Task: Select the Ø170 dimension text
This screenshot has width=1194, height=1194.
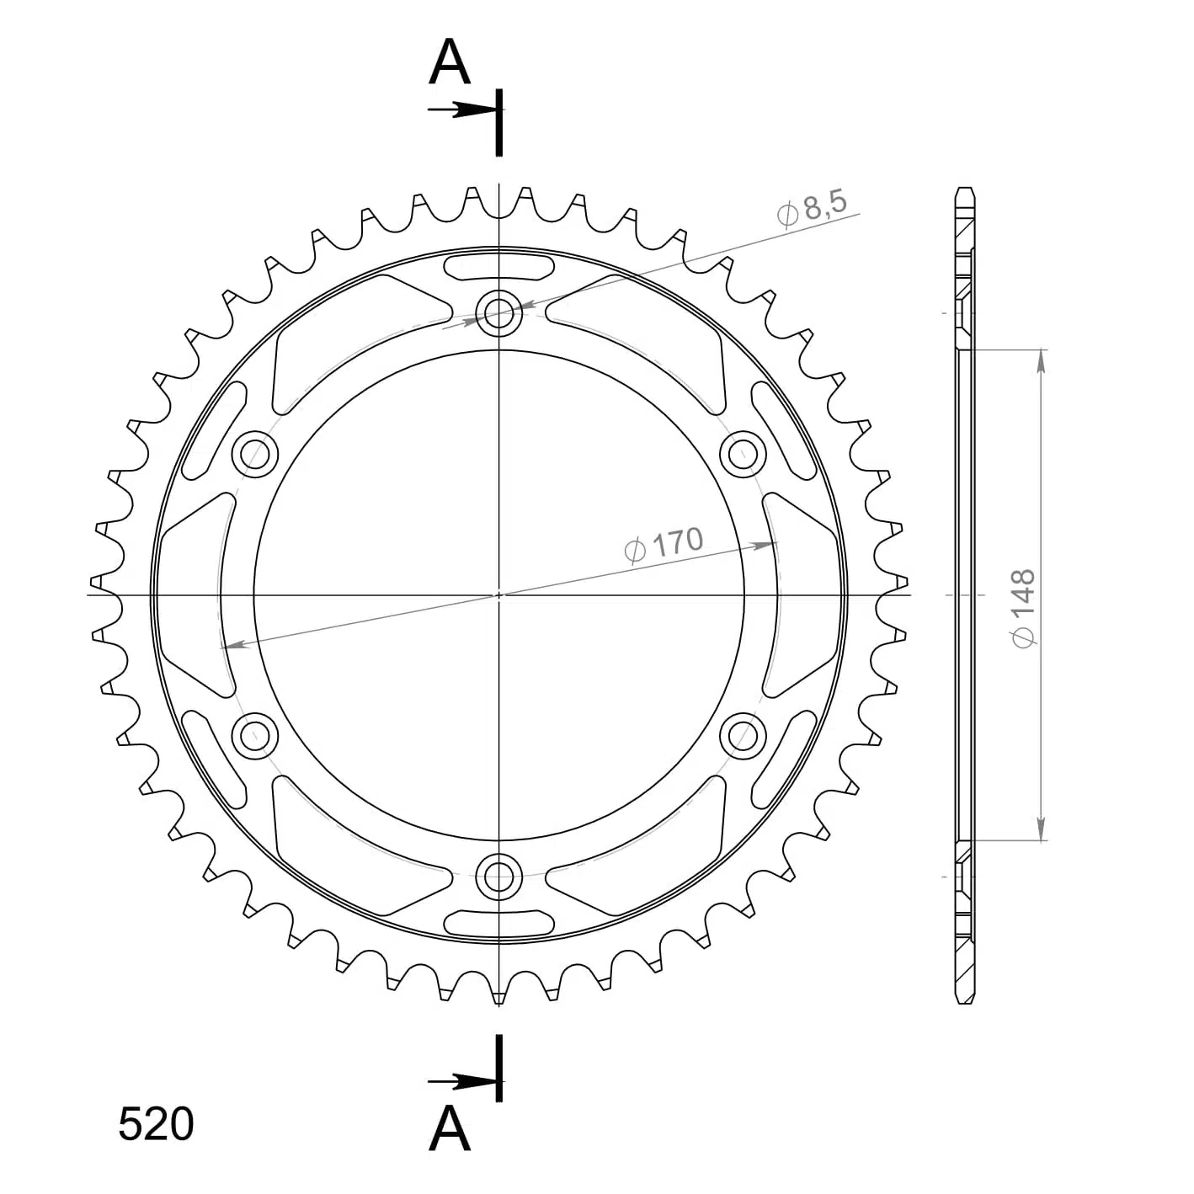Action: coord(664,545)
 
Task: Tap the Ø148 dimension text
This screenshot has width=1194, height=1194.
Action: coord(1023,608)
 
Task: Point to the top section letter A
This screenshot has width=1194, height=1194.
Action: coord(449,61)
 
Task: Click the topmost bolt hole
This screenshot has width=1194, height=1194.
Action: coord(498,312)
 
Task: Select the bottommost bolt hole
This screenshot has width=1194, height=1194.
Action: coord(498,877)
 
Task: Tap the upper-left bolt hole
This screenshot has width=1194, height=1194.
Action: coord(254,454)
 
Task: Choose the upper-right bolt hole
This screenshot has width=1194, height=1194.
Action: coord(743,454)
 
